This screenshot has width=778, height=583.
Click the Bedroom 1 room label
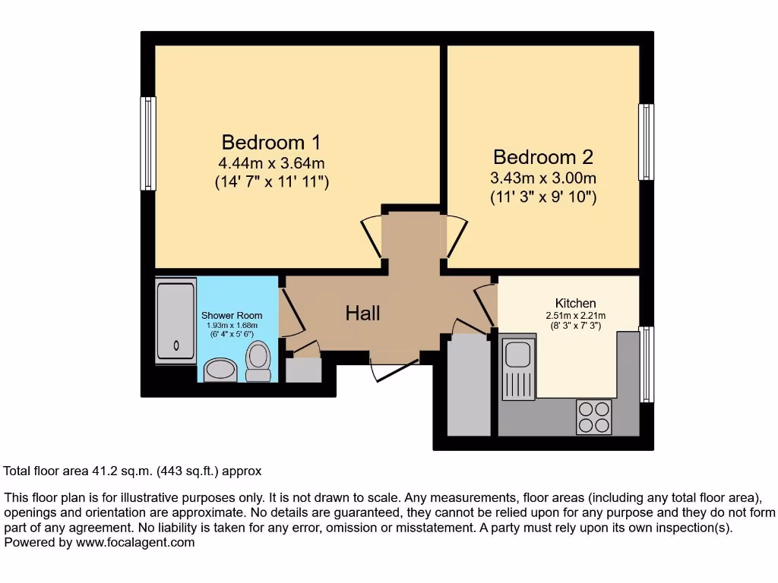(x=271, y=142)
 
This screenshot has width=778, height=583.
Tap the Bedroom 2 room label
(x=543, y=157)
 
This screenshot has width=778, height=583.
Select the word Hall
(x=362, y=313)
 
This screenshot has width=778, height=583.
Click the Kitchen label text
(x=575, y=303)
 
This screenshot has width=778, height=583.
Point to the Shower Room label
(x=232, y=316)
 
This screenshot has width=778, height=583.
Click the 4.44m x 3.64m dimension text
(x=271, y=162)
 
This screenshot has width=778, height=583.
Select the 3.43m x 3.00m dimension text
(x=543, y=178)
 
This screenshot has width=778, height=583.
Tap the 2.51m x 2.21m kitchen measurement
(x=575, y=316)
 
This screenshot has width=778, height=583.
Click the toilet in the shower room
(x=259, y=361)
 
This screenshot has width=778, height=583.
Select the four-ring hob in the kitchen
(x=594, y=417)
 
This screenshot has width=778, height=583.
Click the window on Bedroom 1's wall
(x=148, y=143)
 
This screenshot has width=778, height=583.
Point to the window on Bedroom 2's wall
(x=646, y=142)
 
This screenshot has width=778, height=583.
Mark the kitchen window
(x=646, y=364)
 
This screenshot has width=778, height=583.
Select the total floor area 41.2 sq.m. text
(x=133, y=471)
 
